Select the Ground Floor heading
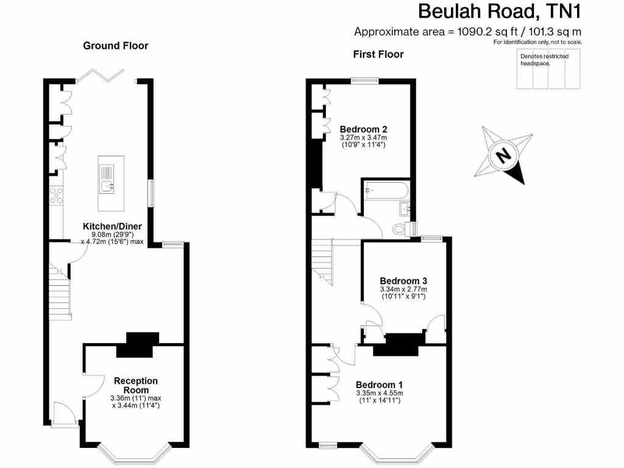pos(115,46)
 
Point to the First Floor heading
pos(378,54)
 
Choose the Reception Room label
pos(135,385)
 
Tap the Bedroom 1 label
pos(379,385)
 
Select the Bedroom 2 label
pos(363,129)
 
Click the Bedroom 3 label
pos(403,281)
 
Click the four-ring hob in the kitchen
pos(56,195)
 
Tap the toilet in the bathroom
pos(402,229)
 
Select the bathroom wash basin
pos(406,210)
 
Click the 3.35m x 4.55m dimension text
pos(380,393)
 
